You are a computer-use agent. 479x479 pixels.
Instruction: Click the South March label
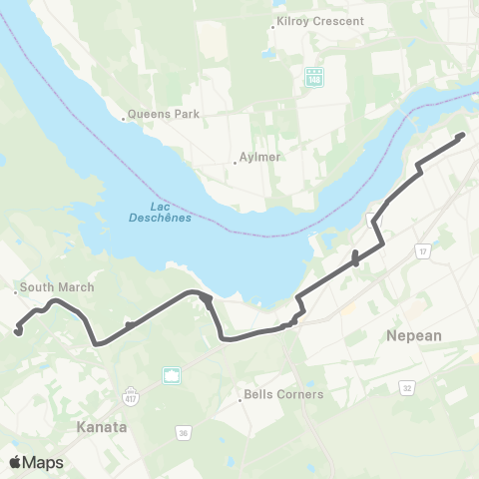(58, 287)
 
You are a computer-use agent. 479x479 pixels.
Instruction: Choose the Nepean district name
(413, 336)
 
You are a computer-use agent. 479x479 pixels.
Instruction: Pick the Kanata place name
(102, 426)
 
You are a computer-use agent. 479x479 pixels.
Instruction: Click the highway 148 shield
(315, 76)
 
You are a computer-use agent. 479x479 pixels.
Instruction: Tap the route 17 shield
(422, 249)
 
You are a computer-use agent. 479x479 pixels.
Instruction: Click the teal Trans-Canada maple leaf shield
(171, 375)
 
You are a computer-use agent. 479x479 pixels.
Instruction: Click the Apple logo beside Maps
(14, 462)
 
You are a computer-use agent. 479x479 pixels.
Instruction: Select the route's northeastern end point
(462, 135)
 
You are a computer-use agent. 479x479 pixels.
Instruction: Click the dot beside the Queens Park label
(124, 118)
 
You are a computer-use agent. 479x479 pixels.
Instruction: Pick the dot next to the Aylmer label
(235, 162)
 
